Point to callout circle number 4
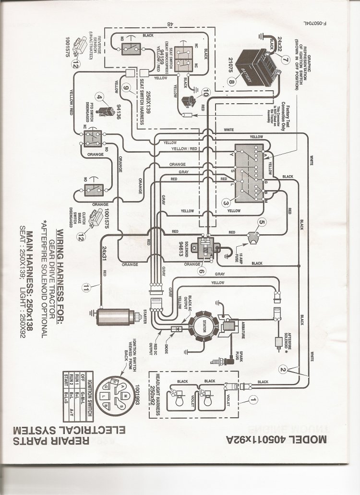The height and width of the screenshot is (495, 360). (x=100, y=98)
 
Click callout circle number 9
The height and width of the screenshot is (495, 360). (x=126, y=87)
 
